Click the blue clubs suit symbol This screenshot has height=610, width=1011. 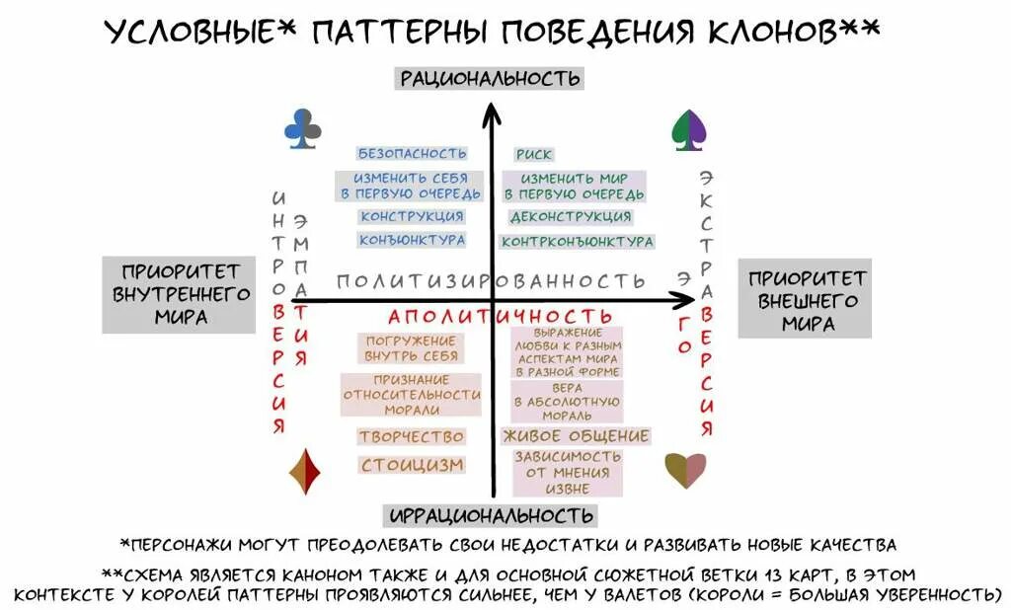(x=303, y=129)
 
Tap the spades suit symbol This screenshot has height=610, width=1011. (x=688, y=129)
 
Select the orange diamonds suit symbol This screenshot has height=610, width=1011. (x=304, y=472)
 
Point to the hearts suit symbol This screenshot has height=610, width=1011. (x=685, y=470)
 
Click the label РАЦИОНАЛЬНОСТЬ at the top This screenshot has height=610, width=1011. (x=489, y=78)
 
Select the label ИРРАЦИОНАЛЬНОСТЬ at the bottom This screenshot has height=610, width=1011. (x=491, y=515)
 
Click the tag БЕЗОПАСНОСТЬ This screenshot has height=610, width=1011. (x=412, y=154)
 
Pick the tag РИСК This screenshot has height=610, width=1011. (x=534, y=154)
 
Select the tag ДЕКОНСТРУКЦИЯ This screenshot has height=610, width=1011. (x=571, y=217)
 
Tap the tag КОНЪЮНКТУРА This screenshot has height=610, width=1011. (x=412, y=240)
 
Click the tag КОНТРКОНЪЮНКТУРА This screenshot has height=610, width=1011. (x=578, y=241)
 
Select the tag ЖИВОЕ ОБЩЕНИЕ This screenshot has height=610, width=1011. (x=576, y=436)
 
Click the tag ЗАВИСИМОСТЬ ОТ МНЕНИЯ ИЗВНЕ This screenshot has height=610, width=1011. (x=567, y=473)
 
